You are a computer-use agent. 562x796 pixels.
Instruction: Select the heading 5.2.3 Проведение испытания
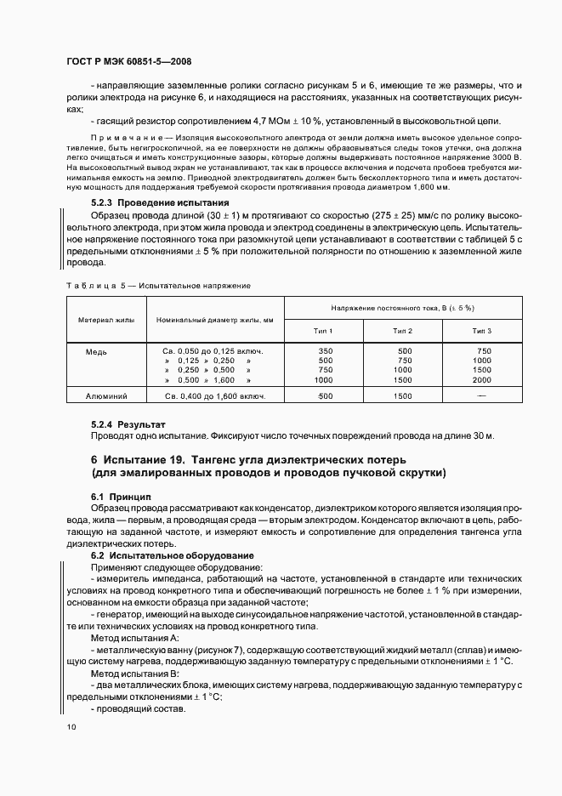[160, 203]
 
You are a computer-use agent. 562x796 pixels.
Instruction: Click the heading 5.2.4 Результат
[128, 423]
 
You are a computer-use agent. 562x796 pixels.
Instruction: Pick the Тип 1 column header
[324, 330]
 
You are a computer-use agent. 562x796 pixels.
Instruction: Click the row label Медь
[96, 350]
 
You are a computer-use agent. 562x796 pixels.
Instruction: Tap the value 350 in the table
[325, 350]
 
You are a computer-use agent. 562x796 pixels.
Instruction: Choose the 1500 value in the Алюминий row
[403, 395]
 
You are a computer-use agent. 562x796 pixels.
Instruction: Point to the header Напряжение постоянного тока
[402, 307]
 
